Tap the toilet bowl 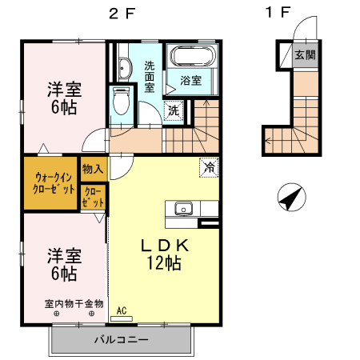pos(122,102)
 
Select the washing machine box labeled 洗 pos(174,110)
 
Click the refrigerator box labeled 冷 pos(209,168)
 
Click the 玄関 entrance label pos(304,55)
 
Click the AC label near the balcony pos(122,310)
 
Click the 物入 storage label pos(93,169)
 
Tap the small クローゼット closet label pos(93,198)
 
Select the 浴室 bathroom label pos(190,81)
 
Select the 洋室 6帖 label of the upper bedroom pos(62,98)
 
